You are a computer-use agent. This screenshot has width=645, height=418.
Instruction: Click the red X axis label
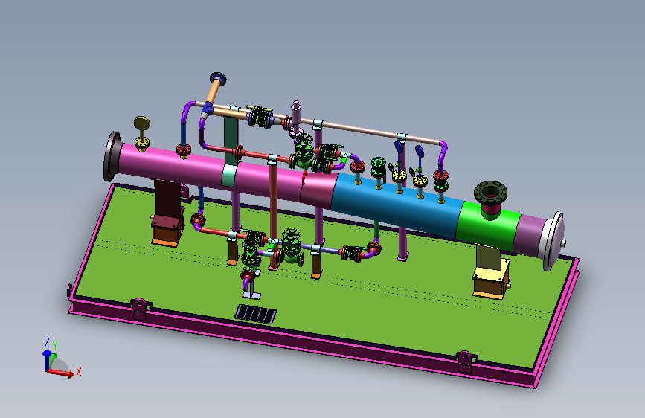pyautogui.click(x=79, y=372)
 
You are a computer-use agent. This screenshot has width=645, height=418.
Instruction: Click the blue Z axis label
pyautogui.click(x=47, y=342)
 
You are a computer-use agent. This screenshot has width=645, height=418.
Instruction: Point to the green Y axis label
pyautogui.click(x=55, y=346)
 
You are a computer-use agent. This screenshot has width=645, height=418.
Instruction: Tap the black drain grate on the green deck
pyautogui.click(x=255, y=315)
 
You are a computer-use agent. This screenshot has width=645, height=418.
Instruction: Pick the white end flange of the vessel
pyautogui.click(x=553, y=241)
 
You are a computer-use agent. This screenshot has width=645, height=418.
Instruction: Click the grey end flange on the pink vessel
pyautogui.click(x=112, y=156)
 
